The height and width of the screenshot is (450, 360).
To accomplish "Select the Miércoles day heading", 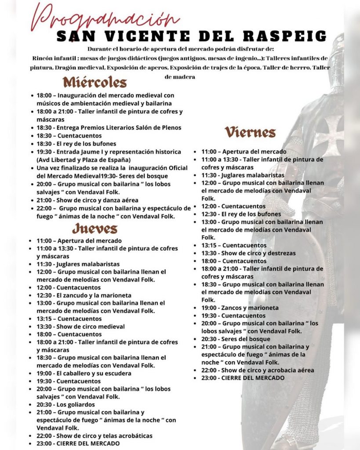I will point(95,82).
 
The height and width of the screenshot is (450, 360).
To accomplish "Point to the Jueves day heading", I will point(95,229).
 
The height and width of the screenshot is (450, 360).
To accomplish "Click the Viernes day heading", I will point(250,132).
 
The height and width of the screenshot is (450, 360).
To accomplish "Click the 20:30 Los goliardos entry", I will point(66,404).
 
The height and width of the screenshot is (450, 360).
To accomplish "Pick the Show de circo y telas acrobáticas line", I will point(95,435).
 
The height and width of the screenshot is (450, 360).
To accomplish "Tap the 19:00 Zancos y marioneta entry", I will point(240,308).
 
